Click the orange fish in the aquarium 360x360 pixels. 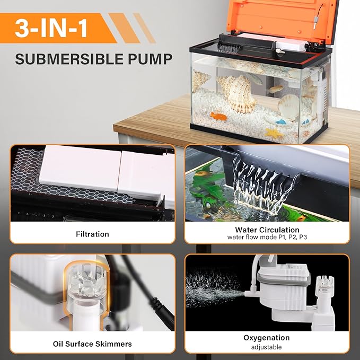pos(218,116)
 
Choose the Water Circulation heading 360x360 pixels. pos(266,230)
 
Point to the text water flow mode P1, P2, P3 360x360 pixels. pos(266,237)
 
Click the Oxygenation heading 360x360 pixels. pos(266,337)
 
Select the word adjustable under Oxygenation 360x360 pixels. pos(266,347)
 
